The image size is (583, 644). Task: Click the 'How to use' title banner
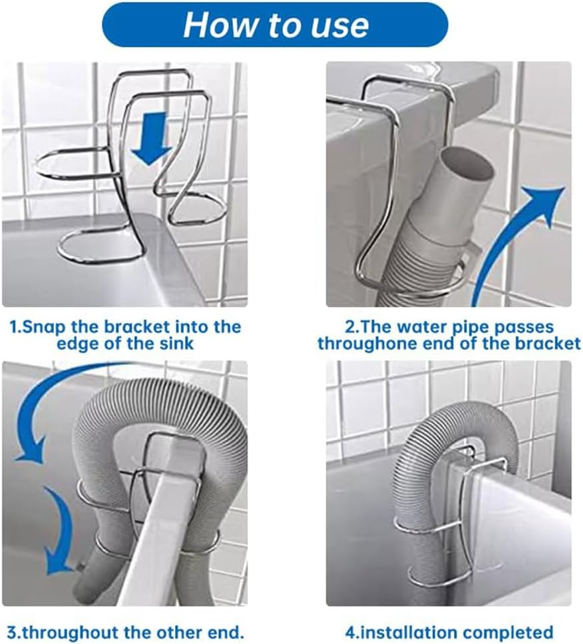point(275,25)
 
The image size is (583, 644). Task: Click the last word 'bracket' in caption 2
point(550,344)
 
